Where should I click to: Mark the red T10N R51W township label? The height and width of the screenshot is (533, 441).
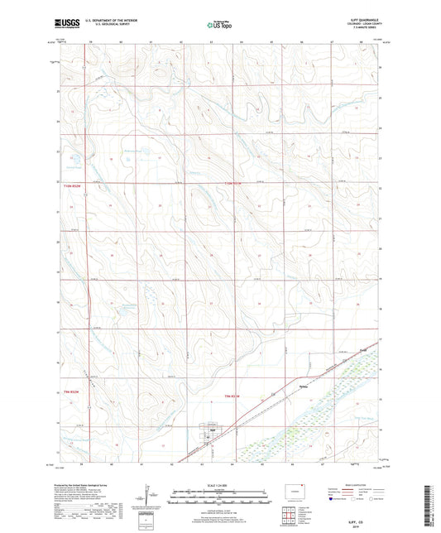(x=239, y=184)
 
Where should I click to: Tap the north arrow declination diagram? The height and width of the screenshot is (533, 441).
(x=150, y=497)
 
